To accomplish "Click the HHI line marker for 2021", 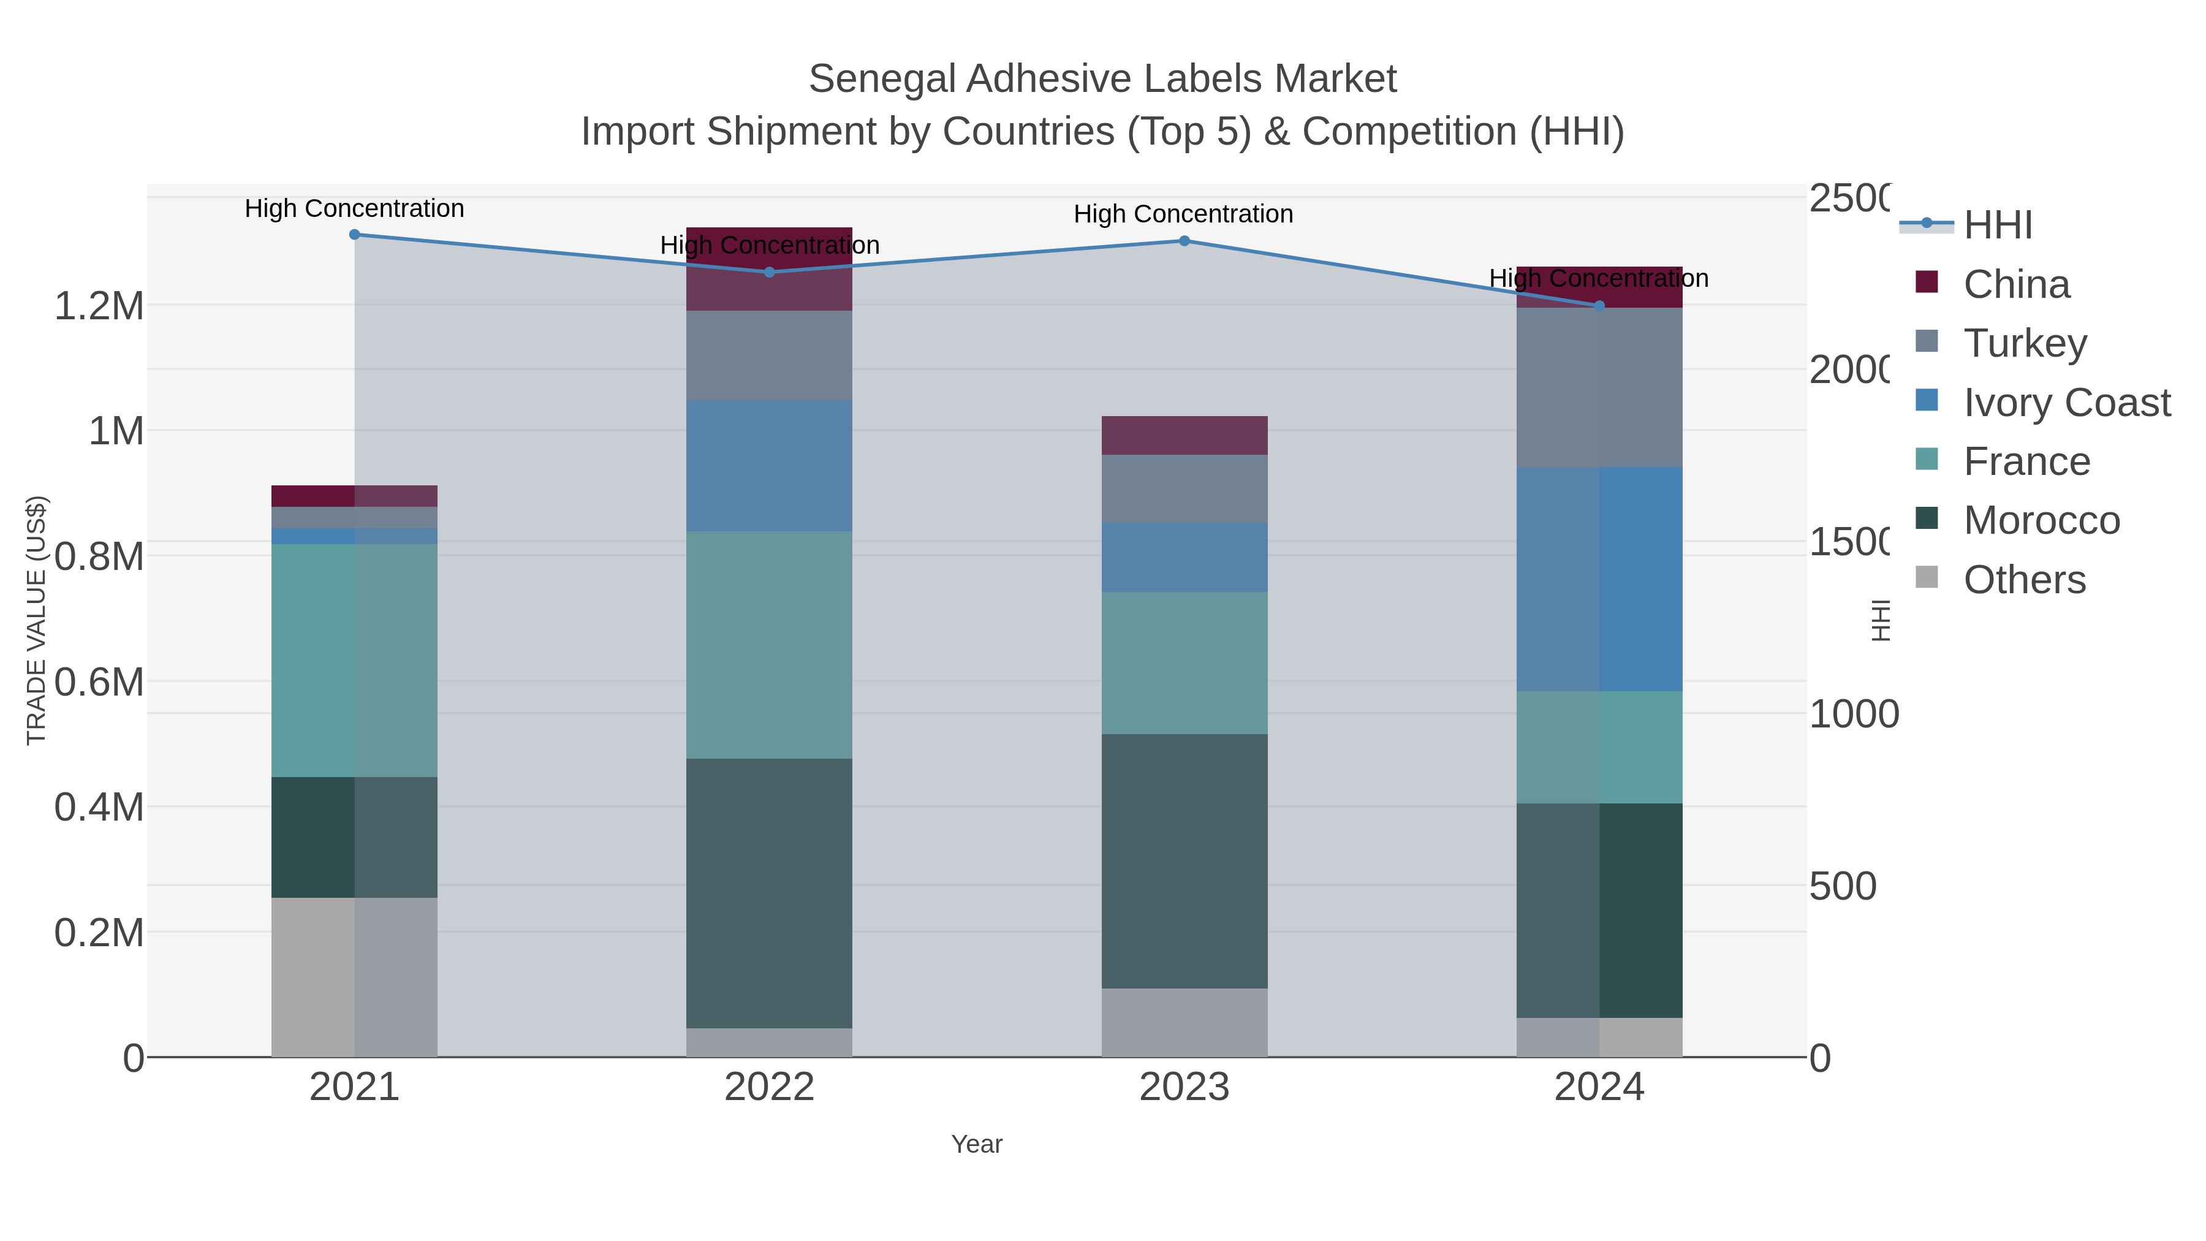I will coord(355,235).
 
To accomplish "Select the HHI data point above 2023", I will coord(1184,241).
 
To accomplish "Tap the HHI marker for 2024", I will coord(1599,306).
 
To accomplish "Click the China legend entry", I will coord(2016,284).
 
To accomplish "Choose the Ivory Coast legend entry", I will coord(2066,403).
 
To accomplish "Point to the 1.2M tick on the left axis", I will coord(99,306).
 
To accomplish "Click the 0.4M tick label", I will coord(99,806).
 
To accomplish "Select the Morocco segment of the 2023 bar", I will coord(1184,861).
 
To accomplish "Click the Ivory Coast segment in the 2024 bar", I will coord(1599,579).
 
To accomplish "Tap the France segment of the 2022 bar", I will coord(769,644).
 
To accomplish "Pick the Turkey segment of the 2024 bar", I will coord(1599,387).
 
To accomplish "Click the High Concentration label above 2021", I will coord(355,208).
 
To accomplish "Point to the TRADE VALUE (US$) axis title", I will coord(36,620).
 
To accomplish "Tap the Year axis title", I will coord(976,1144).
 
